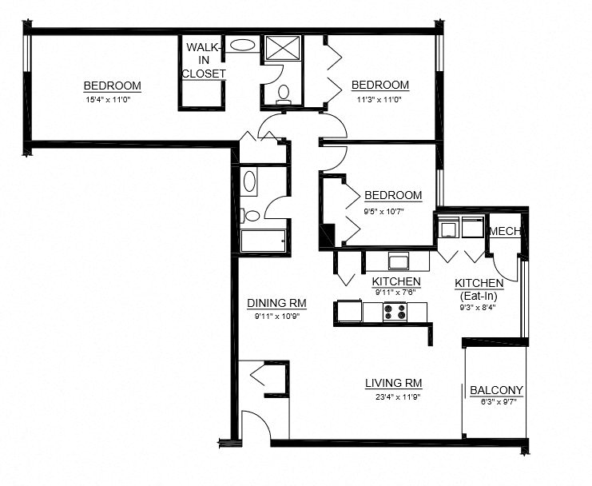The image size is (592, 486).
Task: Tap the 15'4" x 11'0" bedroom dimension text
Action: pos(113,100)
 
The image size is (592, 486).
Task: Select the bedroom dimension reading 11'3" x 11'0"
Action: pos(379,100)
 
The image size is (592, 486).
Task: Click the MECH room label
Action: pos(505,231)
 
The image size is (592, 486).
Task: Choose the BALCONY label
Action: pos(496,390)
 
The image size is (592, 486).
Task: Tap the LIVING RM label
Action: pos(394,382)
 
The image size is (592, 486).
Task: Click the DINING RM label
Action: pos(277,304)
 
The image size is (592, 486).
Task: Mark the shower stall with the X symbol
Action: pos(283,49)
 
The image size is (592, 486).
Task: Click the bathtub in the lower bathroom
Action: pos(263,241)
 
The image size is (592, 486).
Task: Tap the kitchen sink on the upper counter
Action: pos(397,261)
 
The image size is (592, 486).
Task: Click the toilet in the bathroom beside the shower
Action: pos(283,94)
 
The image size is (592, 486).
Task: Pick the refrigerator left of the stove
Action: pos(349,311)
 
